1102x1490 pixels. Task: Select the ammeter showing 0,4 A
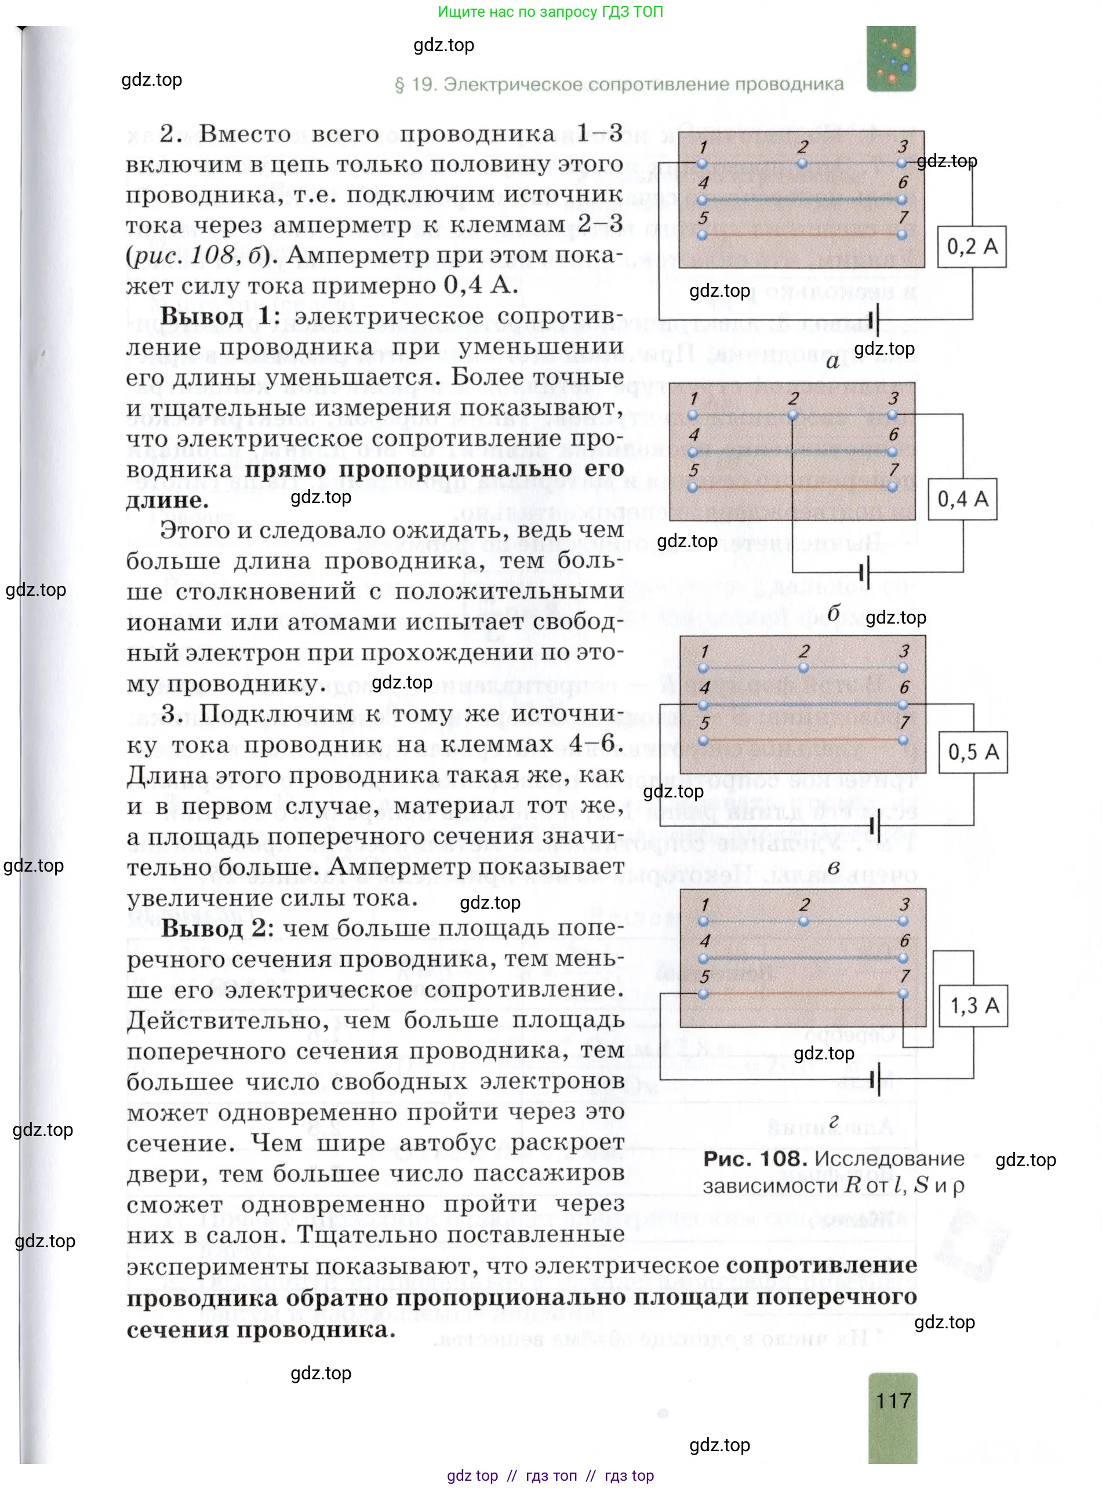[x=962, y=499]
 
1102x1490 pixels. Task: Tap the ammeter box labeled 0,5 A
[x=973, y=752]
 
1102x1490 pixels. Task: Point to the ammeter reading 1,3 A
[x=974, y=1005]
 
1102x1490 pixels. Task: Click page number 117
[x=893, y=1400]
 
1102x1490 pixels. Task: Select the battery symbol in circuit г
[x=876, y=1079]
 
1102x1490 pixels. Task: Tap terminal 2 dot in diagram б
[x=792, y=415]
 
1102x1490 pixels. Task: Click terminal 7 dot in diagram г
[x=903, y=994]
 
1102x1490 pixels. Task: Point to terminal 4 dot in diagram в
[x=703, y=704]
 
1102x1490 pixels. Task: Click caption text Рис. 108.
[x=755, y=1159]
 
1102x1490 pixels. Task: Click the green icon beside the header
[x=890, y=59]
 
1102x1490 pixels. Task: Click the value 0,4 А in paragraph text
[x=481, y=286]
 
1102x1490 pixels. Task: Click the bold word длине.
[x=167, y=500]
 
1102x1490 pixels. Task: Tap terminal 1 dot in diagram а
[x=702, y=163]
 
